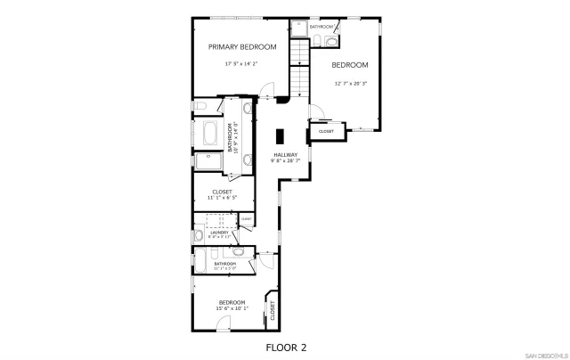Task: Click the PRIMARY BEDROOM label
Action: pos(242,46)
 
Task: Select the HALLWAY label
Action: pos(286,155)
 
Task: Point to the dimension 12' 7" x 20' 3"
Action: pos(351,84)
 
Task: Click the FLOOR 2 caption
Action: pos(286,346)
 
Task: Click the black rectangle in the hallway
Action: pos(280,136)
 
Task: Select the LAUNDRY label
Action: pos(219,233)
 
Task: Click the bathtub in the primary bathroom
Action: pos(211,135)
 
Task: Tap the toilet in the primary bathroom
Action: pos(200,107)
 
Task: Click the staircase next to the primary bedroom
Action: pos(299,71)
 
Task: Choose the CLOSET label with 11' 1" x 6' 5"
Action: pos(223,192)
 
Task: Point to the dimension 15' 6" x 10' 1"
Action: pos(232,308)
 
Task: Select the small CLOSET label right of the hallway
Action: pos(326,131)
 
